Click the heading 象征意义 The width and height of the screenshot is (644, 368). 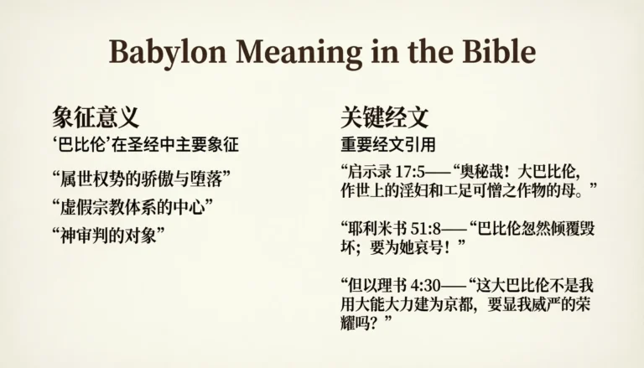(x=96, y=117)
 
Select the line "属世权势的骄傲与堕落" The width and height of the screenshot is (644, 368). (x=141, y=178)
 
